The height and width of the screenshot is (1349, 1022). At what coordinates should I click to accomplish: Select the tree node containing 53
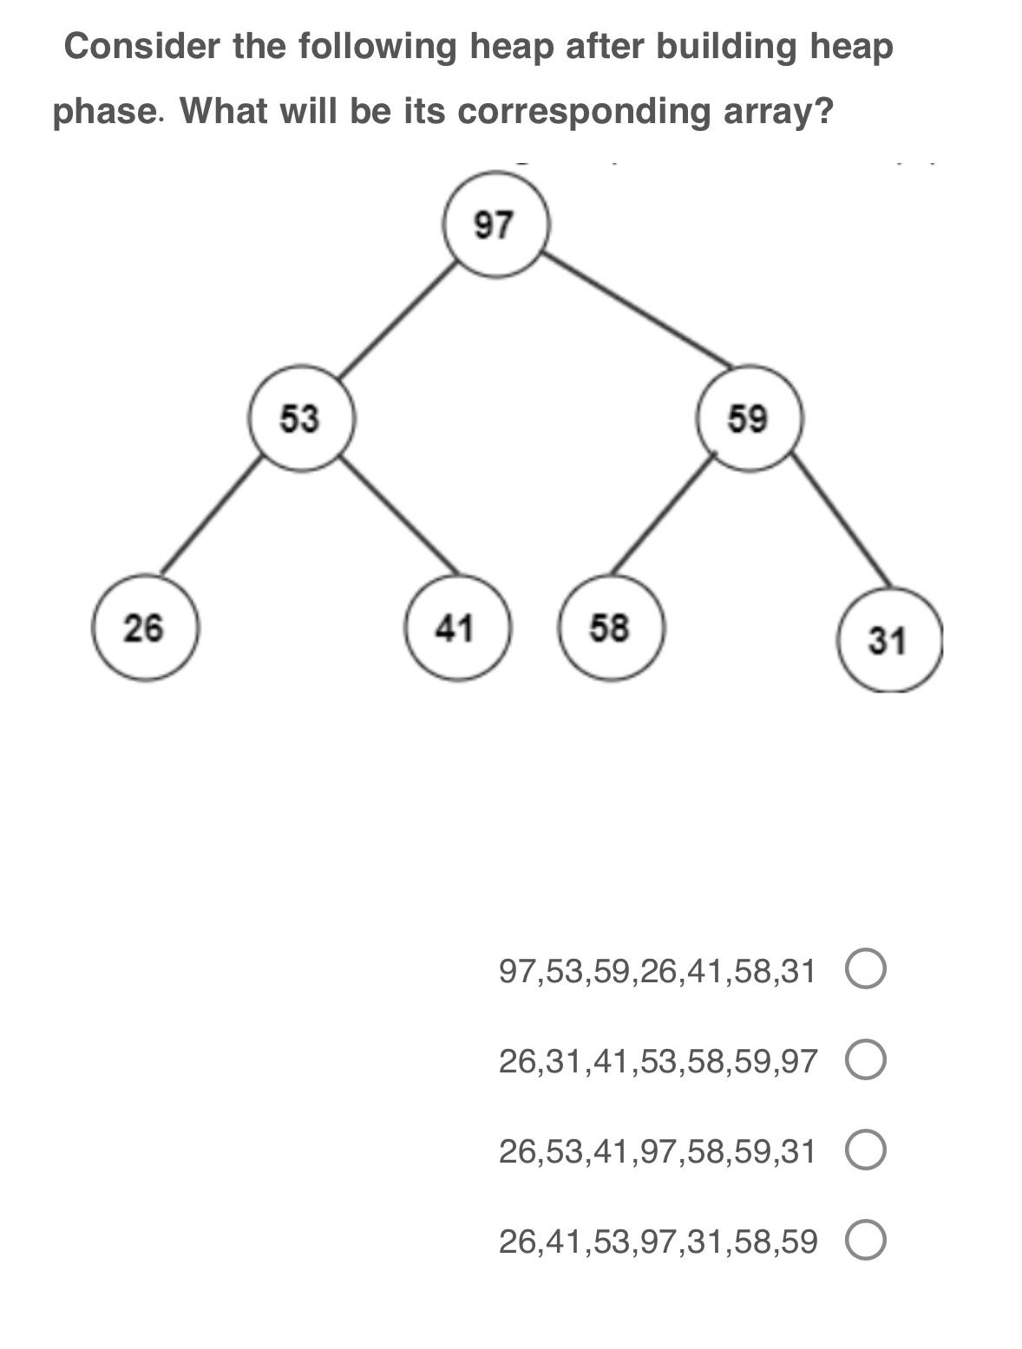301,418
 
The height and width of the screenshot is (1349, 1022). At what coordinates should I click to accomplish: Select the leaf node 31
888,641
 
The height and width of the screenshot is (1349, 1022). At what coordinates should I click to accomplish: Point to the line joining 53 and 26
211,515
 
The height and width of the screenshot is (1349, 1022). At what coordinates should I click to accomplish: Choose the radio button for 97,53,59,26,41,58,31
865,970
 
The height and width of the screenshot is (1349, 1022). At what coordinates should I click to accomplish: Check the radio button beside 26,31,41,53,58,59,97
865,1061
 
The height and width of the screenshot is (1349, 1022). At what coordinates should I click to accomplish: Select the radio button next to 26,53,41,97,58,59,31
865,1151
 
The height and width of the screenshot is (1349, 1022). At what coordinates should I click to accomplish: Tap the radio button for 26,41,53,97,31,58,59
865,1241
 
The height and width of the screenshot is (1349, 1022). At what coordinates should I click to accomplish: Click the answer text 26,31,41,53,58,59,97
658,1061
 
